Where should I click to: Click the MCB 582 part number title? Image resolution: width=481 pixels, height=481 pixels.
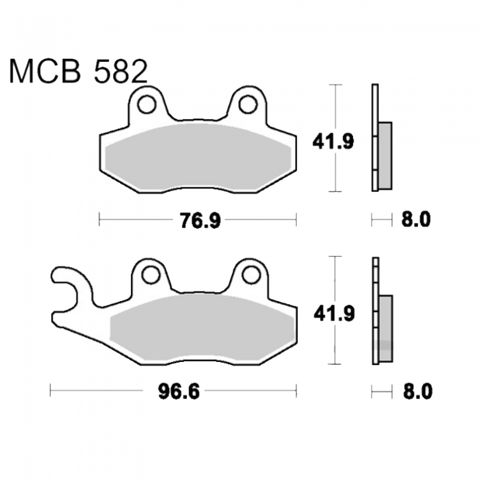79,72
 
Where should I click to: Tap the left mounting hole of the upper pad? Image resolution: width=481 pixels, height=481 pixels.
147,105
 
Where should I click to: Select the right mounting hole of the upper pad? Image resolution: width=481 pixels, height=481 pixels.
248,105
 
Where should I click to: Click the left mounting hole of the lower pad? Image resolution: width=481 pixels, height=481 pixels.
151,275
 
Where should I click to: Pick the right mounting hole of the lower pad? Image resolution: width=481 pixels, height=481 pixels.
251,275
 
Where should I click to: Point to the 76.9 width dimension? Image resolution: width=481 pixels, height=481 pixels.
200,221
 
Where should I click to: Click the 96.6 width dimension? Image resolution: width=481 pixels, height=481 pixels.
179,391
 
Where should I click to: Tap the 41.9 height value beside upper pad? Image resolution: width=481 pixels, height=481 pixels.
333,141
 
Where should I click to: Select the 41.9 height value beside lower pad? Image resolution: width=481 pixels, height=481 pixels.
334,313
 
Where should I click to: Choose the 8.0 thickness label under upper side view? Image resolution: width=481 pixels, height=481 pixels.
416,219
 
